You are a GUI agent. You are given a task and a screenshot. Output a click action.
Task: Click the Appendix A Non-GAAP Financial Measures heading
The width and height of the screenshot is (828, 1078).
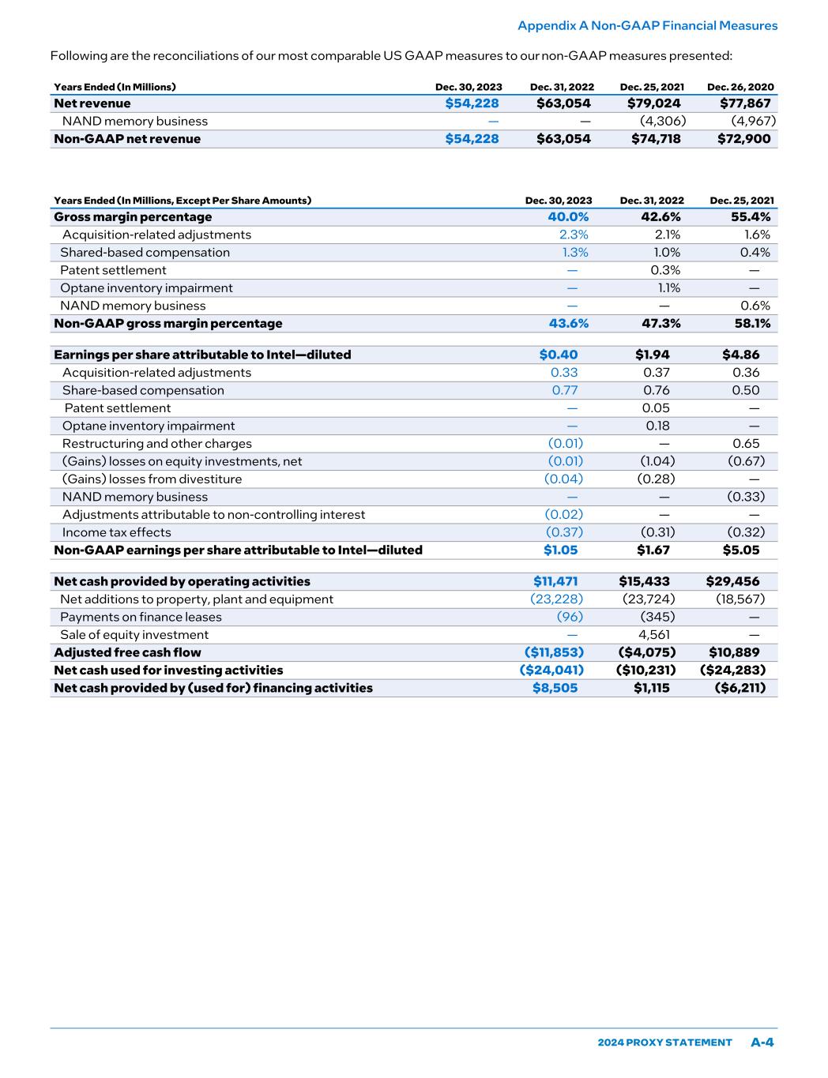647,26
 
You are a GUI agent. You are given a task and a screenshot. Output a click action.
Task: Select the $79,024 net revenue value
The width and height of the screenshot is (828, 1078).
653,103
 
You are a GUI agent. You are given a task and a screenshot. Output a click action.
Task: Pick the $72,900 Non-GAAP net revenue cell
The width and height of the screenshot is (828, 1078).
743,139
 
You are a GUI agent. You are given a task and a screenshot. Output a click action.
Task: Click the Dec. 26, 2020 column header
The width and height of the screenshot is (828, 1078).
740,87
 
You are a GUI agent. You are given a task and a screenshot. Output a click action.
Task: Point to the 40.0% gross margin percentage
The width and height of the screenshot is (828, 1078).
568,217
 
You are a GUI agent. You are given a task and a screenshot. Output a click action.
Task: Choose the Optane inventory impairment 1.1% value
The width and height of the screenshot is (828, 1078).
669,288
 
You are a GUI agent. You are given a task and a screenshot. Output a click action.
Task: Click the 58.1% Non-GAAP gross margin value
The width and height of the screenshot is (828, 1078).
751,324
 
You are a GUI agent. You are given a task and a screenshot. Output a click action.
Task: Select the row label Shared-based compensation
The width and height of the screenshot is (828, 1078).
145,253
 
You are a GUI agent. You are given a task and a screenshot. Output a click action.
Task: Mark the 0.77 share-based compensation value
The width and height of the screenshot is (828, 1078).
564,391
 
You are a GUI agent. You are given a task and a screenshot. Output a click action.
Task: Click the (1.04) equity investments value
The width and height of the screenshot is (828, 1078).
656,462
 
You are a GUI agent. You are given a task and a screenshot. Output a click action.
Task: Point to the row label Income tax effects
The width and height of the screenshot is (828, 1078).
116,533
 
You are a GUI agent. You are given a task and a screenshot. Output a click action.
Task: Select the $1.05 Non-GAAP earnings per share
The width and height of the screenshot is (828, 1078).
560,550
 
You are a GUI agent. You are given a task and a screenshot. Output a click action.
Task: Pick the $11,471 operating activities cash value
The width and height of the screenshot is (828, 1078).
555,582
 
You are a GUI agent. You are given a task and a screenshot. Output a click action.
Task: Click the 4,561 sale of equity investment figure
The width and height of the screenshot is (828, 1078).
653,635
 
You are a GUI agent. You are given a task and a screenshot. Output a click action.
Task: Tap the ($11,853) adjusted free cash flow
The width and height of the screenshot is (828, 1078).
554,653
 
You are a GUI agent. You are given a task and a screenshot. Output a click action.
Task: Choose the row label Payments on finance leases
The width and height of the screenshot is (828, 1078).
141,618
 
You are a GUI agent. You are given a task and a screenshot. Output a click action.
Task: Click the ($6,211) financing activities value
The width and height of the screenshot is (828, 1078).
740,689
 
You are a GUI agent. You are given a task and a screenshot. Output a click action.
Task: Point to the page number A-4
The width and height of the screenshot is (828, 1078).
762,1042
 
